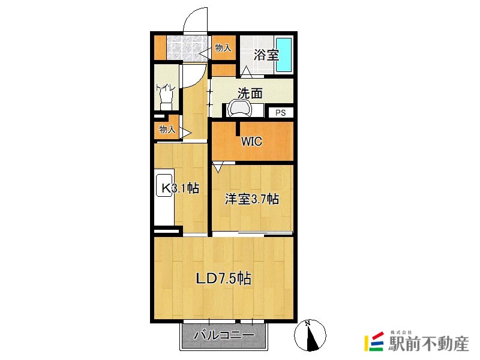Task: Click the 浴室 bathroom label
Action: [x=266, y=55]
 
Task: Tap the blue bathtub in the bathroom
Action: [x=284, y=55]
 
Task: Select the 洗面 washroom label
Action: [x=250, y=94]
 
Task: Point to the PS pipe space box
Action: [x=280, y=113]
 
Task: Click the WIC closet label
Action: [x=251, y=141]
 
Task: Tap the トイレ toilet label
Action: [x=166, y=88]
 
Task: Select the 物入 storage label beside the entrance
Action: [x=223, y=48]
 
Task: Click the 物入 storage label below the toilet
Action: [x=167, y=129]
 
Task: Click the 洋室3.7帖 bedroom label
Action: [x=251, y=199]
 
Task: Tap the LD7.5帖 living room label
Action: [x=223, y=278]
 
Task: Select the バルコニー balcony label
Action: [x=224, y=335]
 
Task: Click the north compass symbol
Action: [x=310, y=335]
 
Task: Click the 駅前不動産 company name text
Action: [x=428, y=343]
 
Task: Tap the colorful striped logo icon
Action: [x=374, y=341]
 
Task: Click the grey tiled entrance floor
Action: [x=188, y=48]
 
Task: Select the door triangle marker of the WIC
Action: [x=218, y=168]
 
